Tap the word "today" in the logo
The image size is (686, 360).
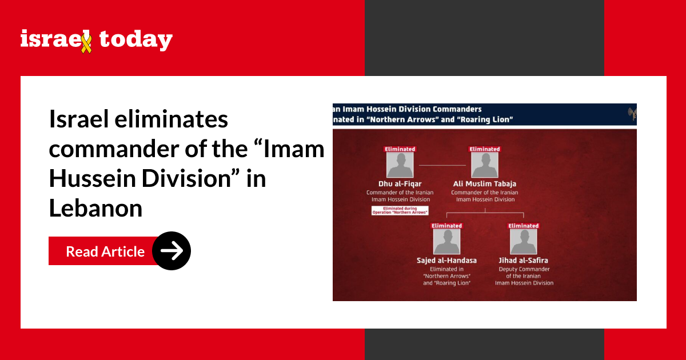point(135,40)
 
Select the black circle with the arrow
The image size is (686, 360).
point(171,250)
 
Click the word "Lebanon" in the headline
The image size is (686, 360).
point(95,209)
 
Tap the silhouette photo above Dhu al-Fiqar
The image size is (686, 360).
point(400,165)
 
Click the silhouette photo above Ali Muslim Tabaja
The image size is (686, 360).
point(484,165)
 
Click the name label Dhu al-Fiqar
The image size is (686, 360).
point(400,184)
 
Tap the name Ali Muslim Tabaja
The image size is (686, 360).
point(484,184)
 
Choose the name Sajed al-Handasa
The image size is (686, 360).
point(446,261)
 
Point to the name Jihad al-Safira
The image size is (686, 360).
point(524,261)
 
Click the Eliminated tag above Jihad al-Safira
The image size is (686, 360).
point(524,226)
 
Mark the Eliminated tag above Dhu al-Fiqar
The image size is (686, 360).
point(400,149)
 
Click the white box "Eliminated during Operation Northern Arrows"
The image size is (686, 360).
point(400,210)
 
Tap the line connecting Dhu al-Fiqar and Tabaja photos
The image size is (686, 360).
point(442,165)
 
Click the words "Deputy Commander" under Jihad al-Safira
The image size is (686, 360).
point(524,269)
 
